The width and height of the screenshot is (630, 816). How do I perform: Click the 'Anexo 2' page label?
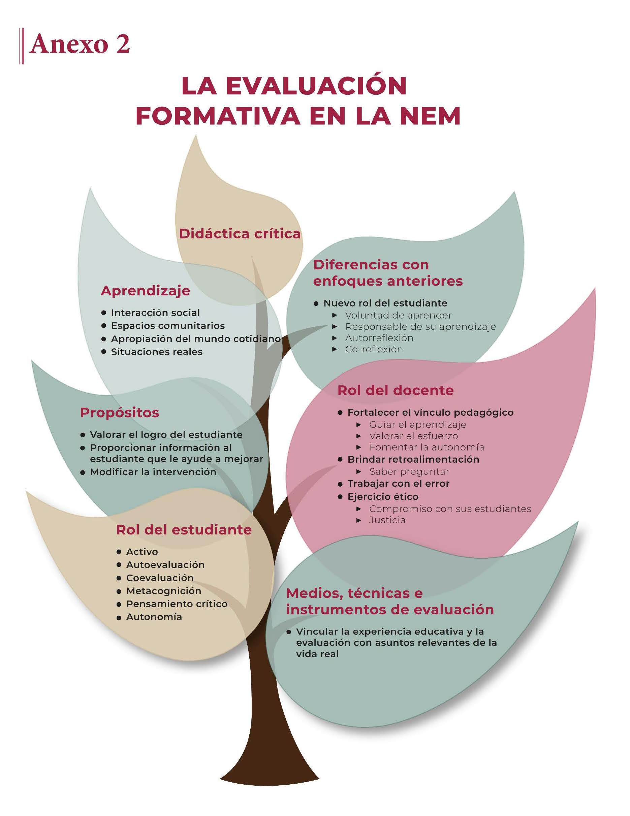pos(80,45)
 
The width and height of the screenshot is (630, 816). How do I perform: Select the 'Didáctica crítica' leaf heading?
pos(240,234)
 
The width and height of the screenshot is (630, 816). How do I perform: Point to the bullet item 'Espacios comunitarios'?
pos(167,325)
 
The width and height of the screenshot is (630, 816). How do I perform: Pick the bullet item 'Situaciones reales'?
pos(157,352)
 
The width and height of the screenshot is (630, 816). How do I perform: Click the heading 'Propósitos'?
pos(120,412)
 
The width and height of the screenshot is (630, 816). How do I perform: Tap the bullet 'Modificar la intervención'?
pos(153,471)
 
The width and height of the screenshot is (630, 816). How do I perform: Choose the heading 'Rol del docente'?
pos(395,390)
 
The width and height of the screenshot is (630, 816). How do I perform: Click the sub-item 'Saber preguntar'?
pos(409,471)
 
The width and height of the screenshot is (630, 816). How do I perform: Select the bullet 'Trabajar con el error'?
pos(398,484)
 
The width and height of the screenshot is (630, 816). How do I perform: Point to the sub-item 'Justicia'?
pos(387,520)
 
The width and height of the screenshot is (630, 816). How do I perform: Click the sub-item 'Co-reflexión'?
pos(374,349)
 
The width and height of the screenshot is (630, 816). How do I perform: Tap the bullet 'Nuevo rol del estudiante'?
pos(385,303)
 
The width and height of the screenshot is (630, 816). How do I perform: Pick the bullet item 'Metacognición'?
pos(163,591)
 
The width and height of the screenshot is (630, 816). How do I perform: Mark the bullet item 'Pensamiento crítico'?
pos(177,604)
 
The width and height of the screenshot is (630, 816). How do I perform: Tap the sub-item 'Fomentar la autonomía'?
pos(427,447)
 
